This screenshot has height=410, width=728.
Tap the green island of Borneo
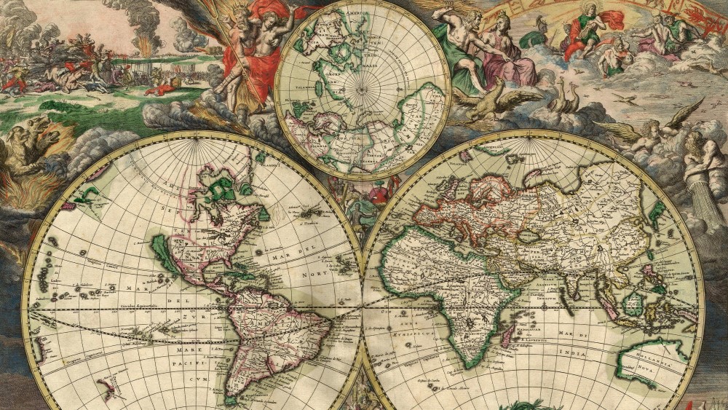633,303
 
